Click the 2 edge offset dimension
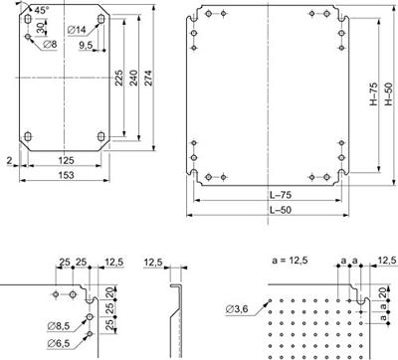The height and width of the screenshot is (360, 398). (8, 158)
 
